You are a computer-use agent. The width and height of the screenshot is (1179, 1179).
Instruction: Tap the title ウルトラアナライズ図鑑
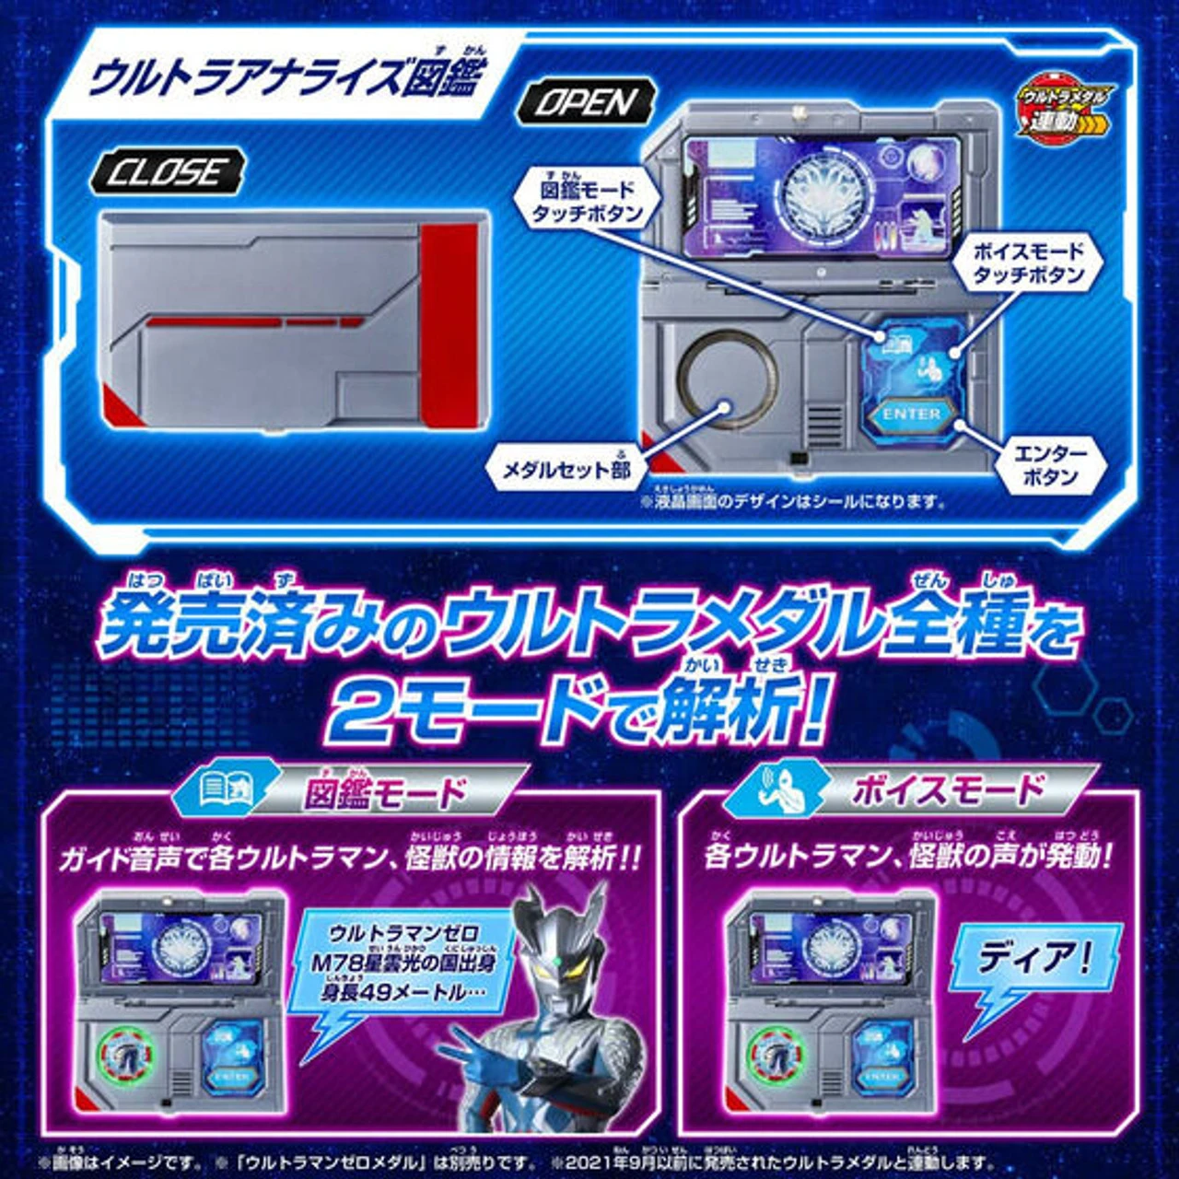pyautogui.click(x=281, y=75)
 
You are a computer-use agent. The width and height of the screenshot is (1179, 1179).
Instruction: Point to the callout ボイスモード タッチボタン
pyautogui.click(x=1028, y=263)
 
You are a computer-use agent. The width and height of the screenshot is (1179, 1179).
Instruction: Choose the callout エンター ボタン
pyautogui.click(x=1050, y=464)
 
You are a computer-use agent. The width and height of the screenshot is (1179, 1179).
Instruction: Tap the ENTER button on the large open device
pyautogui.click(x=912, y=414)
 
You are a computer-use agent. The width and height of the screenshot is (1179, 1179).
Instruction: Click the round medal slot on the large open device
pyautogui.click(x=727, y=379)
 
